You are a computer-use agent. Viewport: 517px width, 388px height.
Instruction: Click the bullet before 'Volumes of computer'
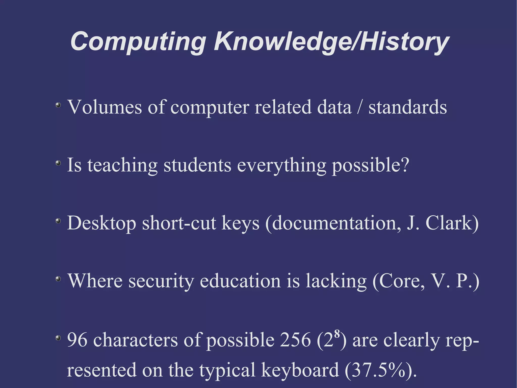tap(58, 105)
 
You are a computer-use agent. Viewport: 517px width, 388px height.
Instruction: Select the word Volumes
tap(104, 107)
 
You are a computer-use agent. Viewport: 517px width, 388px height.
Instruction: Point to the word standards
tap(407, 107)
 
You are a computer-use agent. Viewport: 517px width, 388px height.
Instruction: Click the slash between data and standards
tap(360, 107)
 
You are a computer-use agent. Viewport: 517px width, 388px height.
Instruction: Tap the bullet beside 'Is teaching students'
tap(58, 163)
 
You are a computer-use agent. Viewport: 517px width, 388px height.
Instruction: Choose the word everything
tap(281, 166)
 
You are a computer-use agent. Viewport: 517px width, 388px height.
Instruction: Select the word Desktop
tap(101, 223)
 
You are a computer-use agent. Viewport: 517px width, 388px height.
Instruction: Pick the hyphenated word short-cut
tap(179, 223)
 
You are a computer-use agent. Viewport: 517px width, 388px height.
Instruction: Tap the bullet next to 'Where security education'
tap(58, 279)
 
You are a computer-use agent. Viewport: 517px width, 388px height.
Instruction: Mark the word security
tap(161, 281)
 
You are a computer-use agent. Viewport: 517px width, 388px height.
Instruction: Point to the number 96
tap(77, 339)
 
